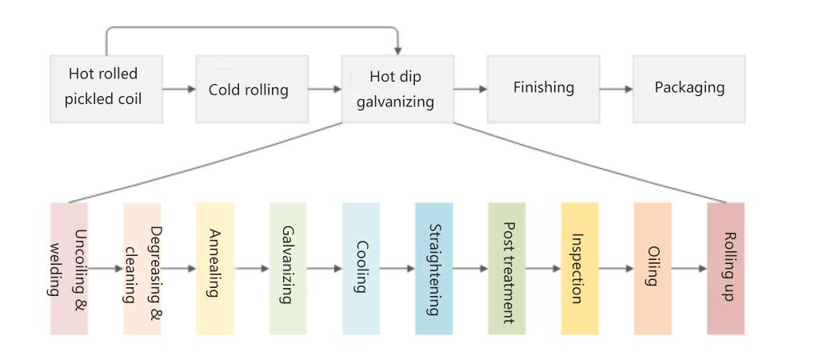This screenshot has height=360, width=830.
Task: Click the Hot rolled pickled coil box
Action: click(x=106, y=89)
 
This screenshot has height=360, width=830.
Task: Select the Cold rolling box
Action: click(x=252, y=89)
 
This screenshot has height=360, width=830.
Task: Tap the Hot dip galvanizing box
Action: click(x=397, y=89)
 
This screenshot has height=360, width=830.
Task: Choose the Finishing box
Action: click(x=543, y=89)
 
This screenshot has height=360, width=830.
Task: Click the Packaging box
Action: click(x=688, y=89)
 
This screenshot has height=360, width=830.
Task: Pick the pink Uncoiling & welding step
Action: click(x=69, y=268)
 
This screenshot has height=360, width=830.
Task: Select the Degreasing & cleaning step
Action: click(x=142, y=268)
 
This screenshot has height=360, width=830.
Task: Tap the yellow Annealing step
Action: click(x=215, y=268)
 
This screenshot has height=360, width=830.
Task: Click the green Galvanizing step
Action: click(x=288, y=268)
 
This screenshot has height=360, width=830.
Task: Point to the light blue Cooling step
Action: click(x=361, y=268)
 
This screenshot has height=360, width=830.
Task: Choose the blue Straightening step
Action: click(x=433, y=268)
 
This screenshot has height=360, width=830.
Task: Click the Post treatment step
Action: click(x=507, y=268)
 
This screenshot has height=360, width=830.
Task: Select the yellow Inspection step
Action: click(x=580, y=268)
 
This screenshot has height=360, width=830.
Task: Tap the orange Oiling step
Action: click(x=652, y=268)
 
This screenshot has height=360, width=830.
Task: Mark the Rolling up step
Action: click(x=726, y=268)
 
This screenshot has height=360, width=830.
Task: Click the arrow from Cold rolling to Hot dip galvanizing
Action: click(x=325, y=89)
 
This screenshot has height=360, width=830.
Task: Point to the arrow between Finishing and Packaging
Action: click(x=616, y=89)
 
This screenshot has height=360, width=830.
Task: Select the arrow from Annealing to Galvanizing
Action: click(x=252, y=269)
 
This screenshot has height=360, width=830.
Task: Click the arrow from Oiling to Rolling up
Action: click(x=689, y=269)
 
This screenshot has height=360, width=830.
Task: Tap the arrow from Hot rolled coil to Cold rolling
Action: click(x=179, y=89)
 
